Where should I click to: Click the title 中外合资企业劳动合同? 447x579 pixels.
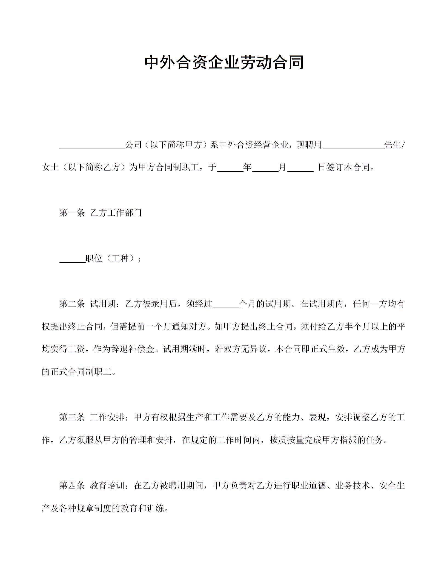coord(224,63)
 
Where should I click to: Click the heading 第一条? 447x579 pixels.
coord(72,213)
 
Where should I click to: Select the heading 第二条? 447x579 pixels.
coord(72,304)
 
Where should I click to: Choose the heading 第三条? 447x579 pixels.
coord(72,418)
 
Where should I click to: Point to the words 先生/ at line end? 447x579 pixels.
coord(394,145)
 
